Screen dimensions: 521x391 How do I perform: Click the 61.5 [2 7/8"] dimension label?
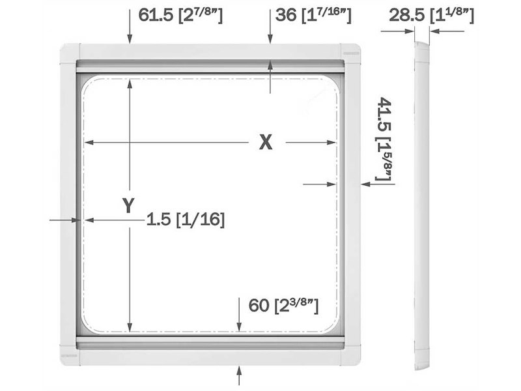(180, 15)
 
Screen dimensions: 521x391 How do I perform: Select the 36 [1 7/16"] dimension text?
(313, 15)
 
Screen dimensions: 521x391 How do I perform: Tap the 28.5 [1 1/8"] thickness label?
(431, 15)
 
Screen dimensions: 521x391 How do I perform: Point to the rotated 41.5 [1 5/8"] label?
(385, 139)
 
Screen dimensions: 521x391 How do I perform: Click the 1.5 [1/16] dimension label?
(186, 220)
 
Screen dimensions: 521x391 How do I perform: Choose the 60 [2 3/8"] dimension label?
(283, 306)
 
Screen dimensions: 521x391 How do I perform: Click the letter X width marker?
(266, 142)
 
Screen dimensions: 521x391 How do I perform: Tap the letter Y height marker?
(128, 205)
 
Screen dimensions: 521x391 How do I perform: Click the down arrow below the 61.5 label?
(130, 27)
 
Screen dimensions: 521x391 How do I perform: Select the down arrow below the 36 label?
(270, 27)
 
